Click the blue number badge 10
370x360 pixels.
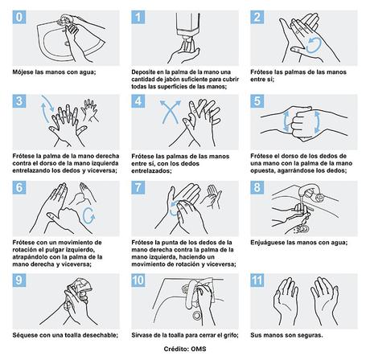[x=140, y=280]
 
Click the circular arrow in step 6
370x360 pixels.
[x=88, y=214]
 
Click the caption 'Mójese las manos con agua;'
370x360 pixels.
[x=50, y=72]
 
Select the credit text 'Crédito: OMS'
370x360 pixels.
[x=185, y=352]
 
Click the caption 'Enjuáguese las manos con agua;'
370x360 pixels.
[x=302, y=241]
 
